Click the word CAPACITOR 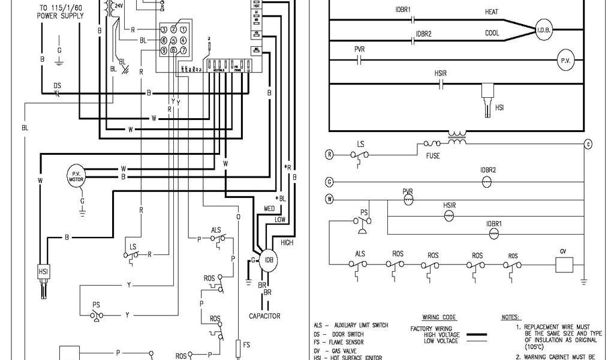(264, 315)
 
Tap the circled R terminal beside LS (329, 154)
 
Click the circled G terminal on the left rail (329, 180)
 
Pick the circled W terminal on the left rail (329, 198)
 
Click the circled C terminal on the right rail (588, 144)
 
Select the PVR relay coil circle (408, 199)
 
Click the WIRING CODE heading (439, 317)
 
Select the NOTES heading (511, 317)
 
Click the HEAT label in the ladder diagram (492, 12)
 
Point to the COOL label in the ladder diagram (492, 34)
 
